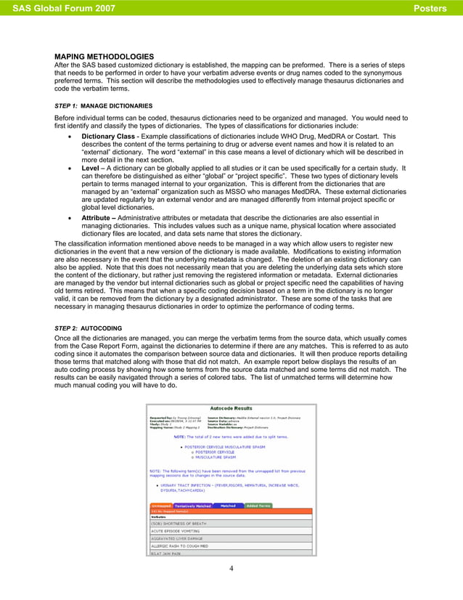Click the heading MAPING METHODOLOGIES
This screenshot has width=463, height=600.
click(105, 57)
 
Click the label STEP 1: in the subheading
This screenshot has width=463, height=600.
click(66, 105)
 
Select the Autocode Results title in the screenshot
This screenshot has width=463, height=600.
click(231, 409)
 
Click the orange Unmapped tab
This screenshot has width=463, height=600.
click(161, 506)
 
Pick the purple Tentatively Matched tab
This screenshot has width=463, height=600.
click(192, 506)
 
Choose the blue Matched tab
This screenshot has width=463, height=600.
click(228, 506)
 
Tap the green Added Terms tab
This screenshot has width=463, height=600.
click(258, 506)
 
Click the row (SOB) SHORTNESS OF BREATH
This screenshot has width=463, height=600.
click(181, 523)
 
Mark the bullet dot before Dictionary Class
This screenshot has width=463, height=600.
click(69, 137)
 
